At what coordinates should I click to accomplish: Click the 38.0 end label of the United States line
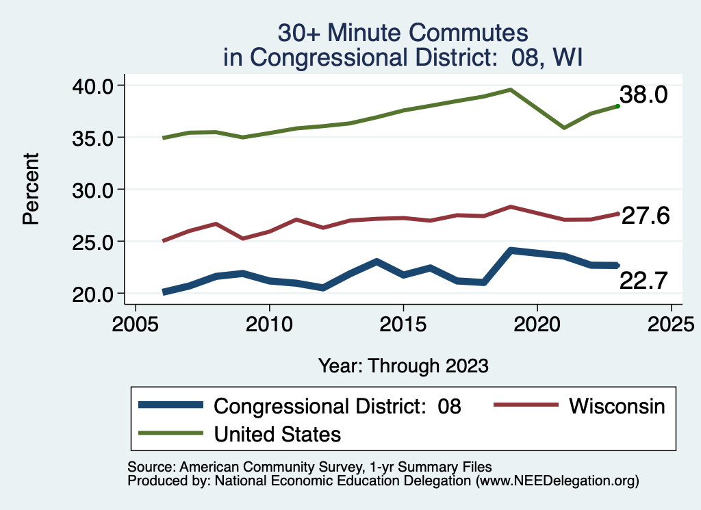pyautogui.click(x=643, y=94)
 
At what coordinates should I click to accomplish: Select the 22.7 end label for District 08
pyautogui.click(x=643, y=280)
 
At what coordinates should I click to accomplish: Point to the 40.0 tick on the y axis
pyautogui.click(x=96, y=85)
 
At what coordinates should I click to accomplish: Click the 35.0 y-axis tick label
pyautogui.click(x=96, y=137)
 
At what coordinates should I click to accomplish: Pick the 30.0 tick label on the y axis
pyautogui.click(x=96, y=189)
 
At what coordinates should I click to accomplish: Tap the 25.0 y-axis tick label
pyautogui.click(x=96, y=241)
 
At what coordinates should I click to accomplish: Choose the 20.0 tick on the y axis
pyautogui.click(x=96, y=293)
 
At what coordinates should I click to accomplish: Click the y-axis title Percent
pyautogui.click(x=30, y=189)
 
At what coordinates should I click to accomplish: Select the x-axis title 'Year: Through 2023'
pyautogui.click(x=403, y=366)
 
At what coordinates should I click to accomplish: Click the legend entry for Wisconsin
pyautogui.click(x=616, y=406)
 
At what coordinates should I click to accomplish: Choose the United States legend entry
pyautogui.click(x=277, y=434)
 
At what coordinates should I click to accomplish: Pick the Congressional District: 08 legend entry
pyautogui.click(x=337, y=406)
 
